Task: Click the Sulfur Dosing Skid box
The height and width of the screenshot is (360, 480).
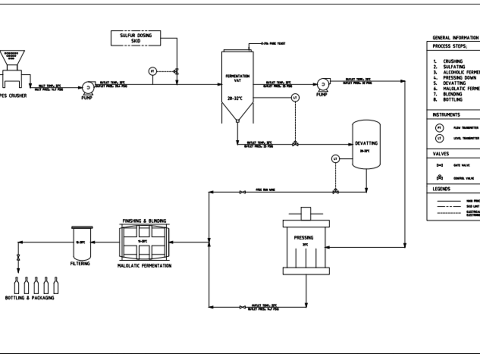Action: (135, 38)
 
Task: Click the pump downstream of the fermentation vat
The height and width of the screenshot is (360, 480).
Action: (323, 84)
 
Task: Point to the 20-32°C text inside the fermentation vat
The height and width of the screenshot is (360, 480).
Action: (238, 98)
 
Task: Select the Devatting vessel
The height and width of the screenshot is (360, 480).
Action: (366, 144)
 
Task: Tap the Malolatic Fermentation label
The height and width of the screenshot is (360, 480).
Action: (144, 265)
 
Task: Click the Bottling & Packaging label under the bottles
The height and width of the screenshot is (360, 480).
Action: (29, 298)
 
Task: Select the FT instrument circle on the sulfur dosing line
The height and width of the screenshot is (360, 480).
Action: (152, 71)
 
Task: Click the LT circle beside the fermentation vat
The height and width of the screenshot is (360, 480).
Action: (295, 98)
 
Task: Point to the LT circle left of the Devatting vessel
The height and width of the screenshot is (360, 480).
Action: (336, 159)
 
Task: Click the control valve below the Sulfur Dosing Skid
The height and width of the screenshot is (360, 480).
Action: (176, 71)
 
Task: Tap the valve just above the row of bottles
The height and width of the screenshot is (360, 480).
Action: (18, 257)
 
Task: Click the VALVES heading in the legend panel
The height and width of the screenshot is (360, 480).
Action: (441, 154)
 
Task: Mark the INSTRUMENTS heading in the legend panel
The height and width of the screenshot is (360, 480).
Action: (446, 115)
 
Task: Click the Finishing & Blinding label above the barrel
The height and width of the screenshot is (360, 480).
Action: (144, 221)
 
